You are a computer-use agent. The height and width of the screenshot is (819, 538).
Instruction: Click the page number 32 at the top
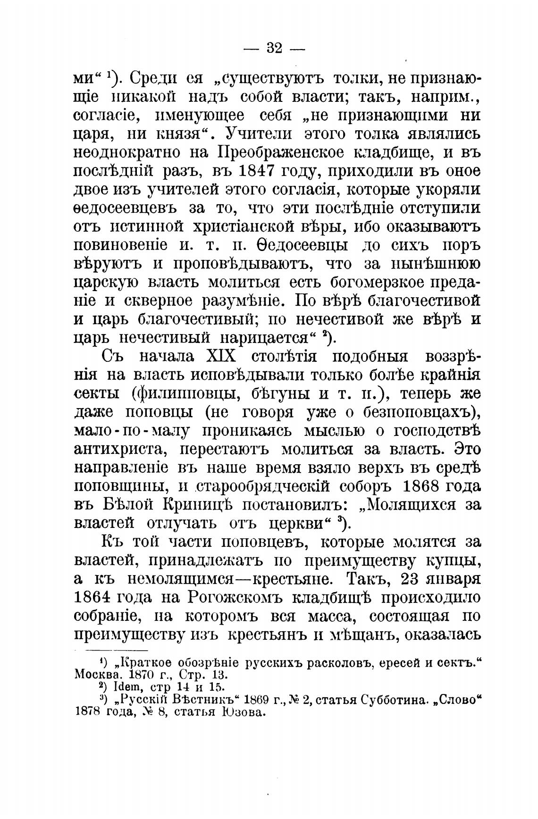tap(274, 49)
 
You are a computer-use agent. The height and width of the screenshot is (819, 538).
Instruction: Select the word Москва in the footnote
tap(93, 675)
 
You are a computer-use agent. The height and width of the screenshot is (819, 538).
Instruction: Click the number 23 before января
tap(411, 579)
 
